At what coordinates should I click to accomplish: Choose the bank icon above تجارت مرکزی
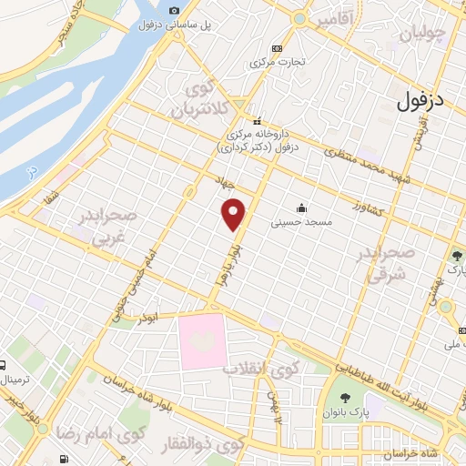click(x=277, y=48)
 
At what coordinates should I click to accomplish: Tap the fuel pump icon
click(x=63, y=459)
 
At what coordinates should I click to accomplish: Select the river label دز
click(x=33, y=170)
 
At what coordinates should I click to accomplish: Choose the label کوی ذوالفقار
click(x=210, y=446)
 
